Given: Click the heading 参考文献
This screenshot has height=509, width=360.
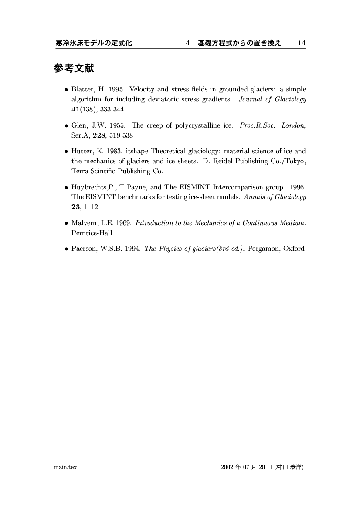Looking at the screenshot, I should point(74,68).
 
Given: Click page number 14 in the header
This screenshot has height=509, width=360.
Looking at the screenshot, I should point(301,43).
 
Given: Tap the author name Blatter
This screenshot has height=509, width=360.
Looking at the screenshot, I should point(83,90).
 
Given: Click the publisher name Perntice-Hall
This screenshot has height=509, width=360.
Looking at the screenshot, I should point(92,233).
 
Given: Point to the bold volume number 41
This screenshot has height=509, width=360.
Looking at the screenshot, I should point(75,109).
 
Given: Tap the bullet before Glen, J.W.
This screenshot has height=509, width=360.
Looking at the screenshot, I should point(66,126).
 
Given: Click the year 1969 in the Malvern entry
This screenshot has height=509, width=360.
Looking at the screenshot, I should point(124,223).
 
